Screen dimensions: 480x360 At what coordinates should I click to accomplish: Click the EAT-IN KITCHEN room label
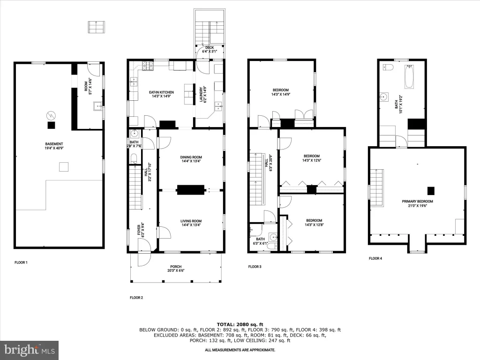point(161,92)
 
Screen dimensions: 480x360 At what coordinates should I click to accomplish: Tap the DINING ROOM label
point(191,157)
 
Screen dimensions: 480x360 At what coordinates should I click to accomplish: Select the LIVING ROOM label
point(191,221)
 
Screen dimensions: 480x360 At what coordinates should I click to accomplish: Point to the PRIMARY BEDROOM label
point(418,202)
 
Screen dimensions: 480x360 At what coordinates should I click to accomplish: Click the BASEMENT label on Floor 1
point(54,144)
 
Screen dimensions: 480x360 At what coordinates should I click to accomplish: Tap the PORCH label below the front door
point(176,267)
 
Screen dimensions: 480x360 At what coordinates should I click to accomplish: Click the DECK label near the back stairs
point(210,48)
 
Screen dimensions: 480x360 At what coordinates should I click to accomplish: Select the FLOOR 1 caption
point(21,262)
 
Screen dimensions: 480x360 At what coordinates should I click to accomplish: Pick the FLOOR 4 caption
point(375,258)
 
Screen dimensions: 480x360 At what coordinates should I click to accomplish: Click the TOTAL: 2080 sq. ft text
point(240,324)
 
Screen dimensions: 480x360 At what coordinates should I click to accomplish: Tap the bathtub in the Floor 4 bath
point(409,76)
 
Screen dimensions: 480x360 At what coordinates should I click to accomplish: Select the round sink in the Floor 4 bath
point(383,97)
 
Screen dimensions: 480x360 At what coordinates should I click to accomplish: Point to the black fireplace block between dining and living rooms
point(191,190)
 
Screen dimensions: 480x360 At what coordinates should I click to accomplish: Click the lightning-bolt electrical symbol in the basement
point(50,115)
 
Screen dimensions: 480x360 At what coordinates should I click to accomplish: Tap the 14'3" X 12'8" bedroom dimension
point(314,225)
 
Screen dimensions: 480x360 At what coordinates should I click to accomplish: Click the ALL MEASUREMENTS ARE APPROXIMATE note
point(240,350)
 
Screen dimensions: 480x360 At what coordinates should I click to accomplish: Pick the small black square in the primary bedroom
point(431,191)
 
